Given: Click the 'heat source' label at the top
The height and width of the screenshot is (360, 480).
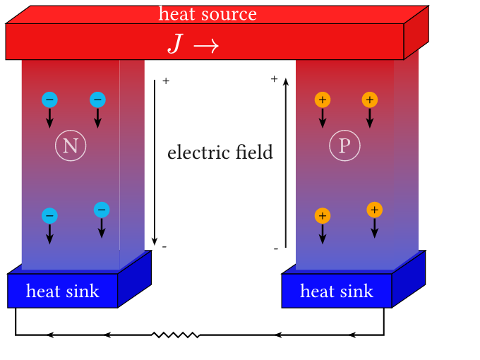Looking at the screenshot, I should [208, 13].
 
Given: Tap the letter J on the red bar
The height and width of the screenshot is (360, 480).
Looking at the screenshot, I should [175, 44].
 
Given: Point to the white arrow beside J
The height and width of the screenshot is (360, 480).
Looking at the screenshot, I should [205, 45].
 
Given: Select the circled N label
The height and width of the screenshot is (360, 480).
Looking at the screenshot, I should [71, 146].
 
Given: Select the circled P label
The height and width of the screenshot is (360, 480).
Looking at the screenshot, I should [344, 146].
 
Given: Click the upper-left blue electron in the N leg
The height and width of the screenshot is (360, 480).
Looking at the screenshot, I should [49, 100].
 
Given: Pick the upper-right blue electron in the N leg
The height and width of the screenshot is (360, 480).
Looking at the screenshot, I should [97, 100].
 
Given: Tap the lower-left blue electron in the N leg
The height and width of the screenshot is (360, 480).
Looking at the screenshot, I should [49, 216].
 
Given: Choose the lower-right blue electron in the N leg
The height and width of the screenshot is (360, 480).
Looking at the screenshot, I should [102, 210].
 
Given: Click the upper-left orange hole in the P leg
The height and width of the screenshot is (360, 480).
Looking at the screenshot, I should [323, 100].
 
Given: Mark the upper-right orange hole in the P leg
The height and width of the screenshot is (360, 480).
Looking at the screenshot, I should [370, 100].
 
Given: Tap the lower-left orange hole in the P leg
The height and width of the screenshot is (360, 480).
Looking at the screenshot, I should [323, 216].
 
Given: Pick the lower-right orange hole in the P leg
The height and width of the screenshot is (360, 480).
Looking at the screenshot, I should [375, 210].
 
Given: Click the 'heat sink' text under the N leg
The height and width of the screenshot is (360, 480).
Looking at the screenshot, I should [63, 291].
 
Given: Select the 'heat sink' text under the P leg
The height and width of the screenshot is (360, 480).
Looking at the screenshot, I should [337, 291].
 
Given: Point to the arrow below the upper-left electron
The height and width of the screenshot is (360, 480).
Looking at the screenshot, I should [49, 118].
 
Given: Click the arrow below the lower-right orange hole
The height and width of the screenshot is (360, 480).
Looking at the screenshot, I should [375, 228].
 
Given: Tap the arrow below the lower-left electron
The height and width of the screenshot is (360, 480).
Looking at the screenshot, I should [49, 234].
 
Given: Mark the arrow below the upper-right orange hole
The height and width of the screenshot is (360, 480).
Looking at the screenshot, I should [370, 118].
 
